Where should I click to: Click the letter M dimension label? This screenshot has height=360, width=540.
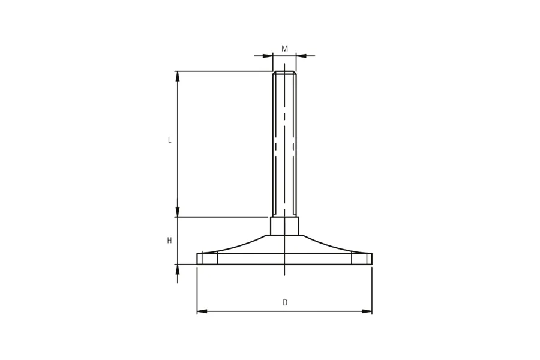click(x=284, y=49)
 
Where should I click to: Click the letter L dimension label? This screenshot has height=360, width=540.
click(x=169, y=140)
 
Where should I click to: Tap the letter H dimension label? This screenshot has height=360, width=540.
click(x=169, y=241)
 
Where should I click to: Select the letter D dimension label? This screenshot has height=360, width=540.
click(x=285, y=302)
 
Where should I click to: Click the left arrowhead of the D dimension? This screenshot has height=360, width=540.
click(x=202, y=311)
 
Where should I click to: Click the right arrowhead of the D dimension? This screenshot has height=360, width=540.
click(x=367, y=311)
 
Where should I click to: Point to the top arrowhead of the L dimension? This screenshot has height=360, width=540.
click(x=178, y=76)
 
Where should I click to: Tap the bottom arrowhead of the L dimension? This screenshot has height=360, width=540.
click(x=178, y=212)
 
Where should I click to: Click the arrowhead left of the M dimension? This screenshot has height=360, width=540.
click(x=268, y=55)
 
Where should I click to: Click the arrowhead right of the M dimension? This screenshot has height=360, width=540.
click(x=301, y=55)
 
